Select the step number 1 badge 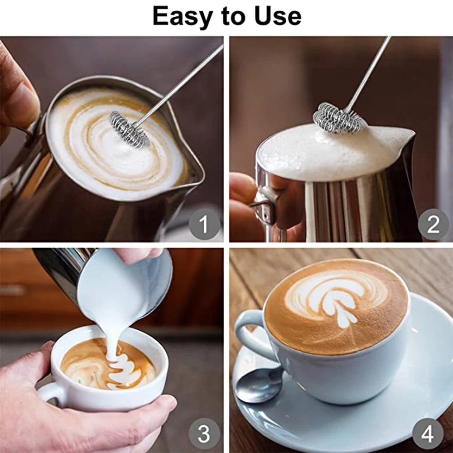pyautogui.click(x=204, y=224)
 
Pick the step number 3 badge pyautogui.click(x=204, y=434)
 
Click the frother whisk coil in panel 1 pyautogui.click(x=130, y=130)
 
